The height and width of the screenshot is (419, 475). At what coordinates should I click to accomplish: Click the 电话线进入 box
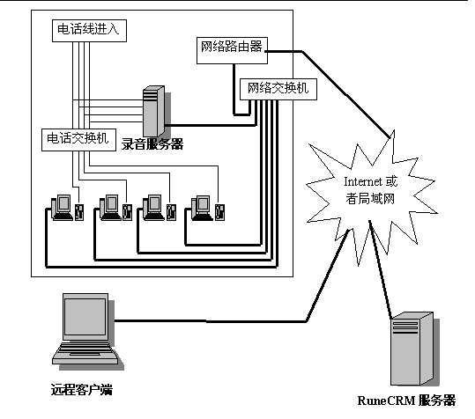[89, 31]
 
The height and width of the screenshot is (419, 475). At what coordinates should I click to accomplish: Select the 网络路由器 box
[232, 50]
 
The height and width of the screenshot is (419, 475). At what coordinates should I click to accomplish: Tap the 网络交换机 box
[278, 89]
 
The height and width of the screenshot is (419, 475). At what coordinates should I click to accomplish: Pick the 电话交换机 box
[78, 140]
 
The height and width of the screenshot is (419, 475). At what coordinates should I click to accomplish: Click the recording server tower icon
[154, 111]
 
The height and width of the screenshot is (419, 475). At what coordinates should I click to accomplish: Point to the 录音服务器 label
[152, 144]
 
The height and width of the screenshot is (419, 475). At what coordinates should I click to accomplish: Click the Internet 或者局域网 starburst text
[370, 190]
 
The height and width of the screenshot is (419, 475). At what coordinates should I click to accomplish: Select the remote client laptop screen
[85, 316]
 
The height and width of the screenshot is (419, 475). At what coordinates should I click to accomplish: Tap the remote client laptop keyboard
[85, 353]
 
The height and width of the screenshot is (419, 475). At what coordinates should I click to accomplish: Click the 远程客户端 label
[81, 389]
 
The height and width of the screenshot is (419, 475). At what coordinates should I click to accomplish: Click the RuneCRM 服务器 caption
[406, 401]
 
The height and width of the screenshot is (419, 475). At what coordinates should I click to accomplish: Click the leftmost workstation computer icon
[62, 208]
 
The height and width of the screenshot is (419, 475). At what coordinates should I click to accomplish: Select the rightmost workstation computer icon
[202, 208]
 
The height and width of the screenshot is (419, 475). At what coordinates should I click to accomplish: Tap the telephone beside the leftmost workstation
[79, 212]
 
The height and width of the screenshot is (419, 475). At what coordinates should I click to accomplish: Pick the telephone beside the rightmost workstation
[220, 212]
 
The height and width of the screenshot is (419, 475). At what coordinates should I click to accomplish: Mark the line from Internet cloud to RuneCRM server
[381, 270]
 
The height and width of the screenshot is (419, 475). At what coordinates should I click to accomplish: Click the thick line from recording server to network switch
[211, 125]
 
